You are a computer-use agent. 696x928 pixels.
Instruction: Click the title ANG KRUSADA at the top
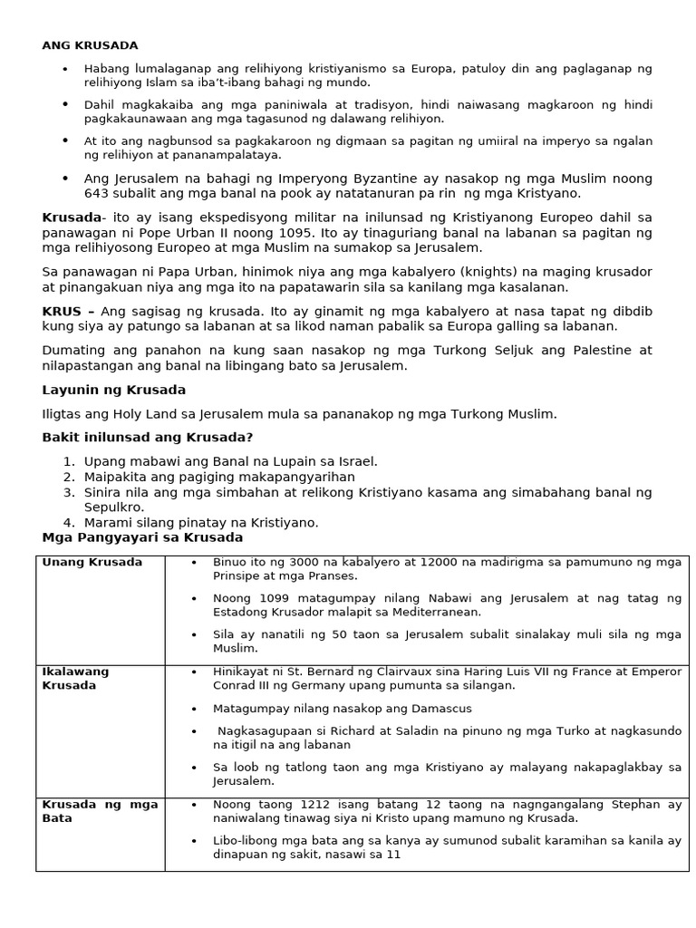91,45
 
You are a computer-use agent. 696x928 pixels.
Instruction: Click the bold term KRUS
62,311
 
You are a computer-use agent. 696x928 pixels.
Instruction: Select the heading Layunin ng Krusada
114,390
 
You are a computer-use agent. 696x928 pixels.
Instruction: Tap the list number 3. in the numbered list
69,492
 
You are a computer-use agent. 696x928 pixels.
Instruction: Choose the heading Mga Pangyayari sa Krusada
142,537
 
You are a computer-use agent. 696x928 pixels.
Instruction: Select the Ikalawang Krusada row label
76,679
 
